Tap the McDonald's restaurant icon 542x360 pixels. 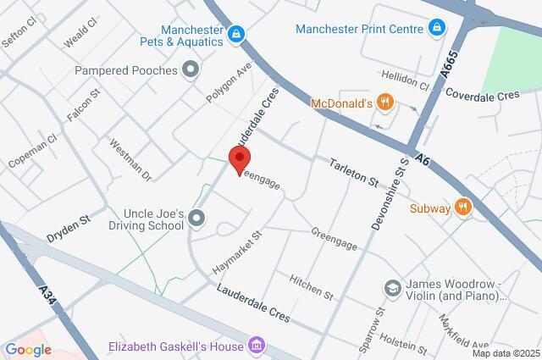point(385,102)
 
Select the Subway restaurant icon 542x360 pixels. point(462,206)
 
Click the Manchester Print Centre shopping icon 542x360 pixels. point(435,29)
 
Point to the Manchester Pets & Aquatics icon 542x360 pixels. point(236,34)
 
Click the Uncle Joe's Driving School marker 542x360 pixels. point(196,220)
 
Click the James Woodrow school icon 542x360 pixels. point(391,289)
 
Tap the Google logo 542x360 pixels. point(28,349)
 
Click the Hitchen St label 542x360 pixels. point(311,287)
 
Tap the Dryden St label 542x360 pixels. point(68,224)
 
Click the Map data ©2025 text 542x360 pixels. point(505,353)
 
